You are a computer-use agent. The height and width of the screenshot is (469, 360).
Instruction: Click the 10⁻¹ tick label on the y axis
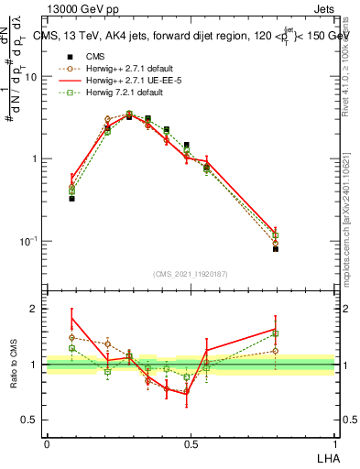click(30, 241)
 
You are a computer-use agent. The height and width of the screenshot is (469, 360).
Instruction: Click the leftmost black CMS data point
click(71, 198)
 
